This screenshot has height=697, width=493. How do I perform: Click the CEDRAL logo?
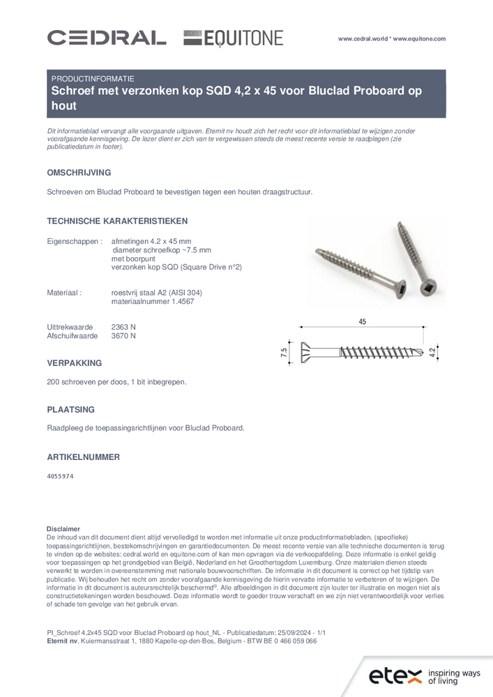coord(106,38)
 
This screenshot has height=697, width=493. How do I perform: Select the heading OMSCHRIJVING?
coord(79,172)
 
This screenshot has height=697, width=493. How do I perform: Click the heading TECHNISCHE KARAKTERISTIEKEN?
coord(117,221)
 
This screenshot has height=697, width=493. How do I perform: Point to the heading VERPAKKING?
coord(75,363)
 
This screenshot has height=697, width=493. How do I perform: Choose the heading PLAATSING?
coord(70,410)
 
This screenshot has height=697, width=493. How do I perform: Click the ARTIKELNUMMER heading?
coord(83,457)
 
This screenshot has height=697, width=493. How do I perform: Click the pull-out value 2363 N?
coord(123,326)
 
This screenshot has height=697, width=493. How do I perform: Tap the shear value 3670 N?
coord(123,335)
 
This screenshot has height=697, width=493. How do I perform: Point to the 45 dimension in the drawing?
coord(363,321)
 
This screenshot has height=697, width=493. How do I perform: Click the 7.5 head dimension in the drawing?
coord(285,352)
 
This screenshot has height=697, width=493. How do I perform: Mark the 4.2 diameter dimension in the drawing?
coord(433,352)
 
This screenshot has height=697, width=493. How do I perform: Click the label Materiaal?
coord(64,293)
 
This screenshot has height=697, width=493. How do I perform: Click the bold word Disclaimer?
coord(63,529)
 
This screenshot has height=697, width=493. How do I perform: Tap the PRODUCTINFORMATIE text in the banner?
coord(93,79)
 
